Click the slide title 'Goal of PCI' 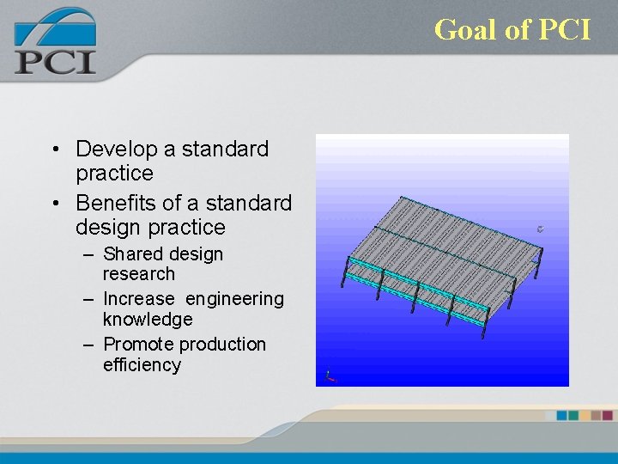[x=512, y=30]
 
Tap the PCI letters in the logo [x=55, y=62]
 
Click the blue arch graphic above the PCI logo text [x=53, y=26]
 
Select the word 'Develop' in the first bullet [x=116, y=150]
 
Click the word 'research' [x=138, y=274]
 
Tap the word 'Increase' [x=138, y=299]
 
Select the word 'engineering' [x=234, y=299]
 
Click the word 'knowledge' [x=148, y=320]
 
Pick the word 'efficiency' [x=142, y=365]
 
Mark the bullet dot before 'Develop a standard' [x=54, y=150]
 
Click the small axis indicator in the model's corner [x=330, y=375]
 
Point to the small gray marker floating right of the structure [x=540, y=229]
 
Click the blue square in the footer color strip [x=562, y=415]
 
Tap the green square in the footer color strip [x=574, y=415]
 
